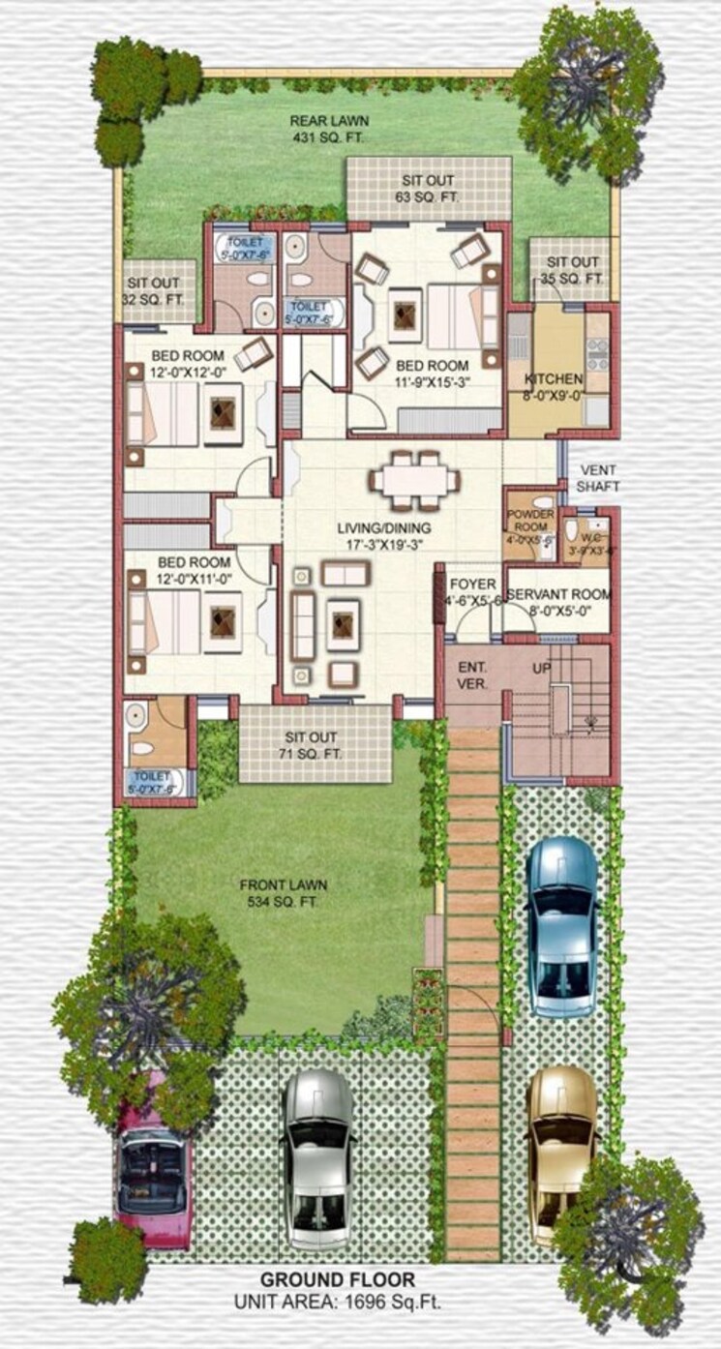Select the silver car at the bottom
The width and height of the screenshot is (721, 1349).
(318, 1155)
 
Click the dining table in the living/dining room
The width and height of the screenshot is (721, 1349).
(414, 478)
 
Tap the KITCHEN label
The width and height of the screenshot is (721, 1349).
(553, 378)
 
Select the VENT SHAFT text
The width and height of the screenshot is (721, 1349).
(597, 477)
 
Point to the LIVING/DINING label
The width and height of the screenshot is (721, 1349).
(384, 528)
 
